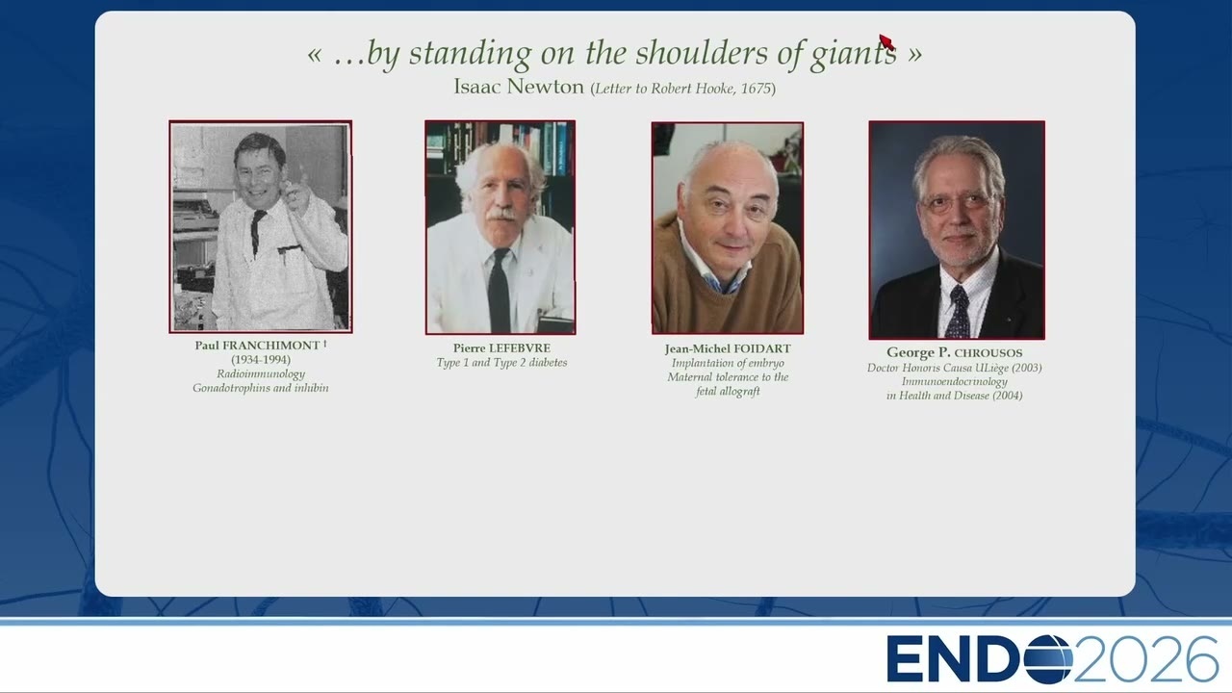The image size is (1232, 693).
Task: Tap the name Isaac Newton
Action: tap(519, 87)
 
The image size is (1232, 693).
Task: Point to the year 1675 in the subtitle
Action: tap(756, 89)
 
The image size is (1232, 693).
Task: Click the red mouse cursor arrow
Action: tap(886, 41)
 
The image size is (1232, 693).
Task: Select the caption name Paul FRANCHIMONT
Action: tap(257, 346)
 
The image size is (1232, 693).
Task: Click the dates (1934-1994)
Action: tap(261, 360)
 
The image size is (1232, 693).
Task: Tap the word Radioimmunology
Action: tap(261, 374)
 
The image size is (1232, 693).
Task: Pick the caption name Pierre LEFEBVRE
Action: tap(501, 348)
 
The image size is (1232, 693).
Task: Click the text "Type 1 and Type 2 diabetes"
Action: tap(501, 363)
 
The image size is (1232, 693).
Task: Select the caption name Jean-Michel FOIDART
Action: tap(728, 348)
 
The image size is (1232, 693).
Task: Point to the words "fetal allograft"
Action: tap(728, 391)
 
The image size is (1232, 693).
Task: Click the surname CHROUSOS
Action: tap(988, 353)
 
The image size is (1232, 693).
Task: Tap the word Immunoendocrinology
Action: tap(954, 381)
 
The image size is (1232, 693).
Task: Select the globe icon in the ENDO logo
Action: tap(1048, 659)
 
